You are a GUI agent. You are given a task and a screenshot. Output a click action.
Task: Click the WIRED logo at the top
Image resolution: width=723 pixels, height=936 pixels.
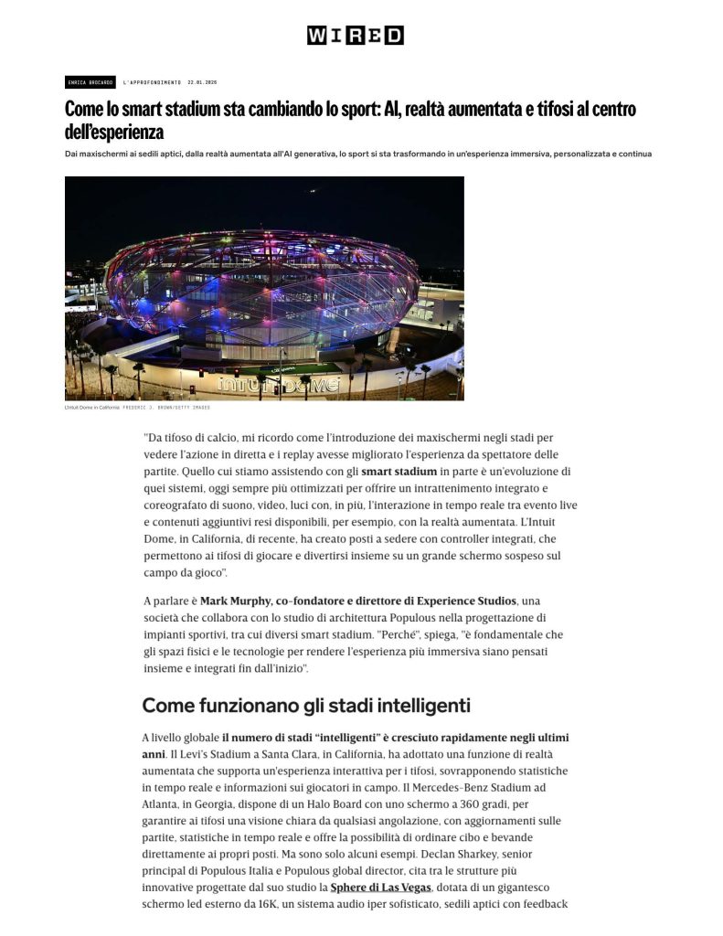point(355,36)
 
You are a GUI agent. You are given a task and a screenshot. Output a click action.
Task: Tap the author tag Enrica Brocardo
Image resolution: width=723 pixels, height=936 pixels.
point(89,82)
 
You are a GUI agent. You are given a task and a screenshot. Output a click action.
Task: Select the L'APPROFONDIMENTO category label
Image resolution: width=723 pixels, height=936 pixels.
point(152,82)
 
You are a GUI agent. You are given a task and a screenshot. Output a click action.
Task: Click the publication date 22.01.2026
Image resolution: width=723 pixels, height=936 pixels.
point(202,82)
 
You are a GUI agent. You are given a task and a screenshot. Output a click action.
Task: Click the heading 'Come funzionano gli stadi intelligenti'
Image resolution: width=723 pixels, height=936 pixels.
point(305,706)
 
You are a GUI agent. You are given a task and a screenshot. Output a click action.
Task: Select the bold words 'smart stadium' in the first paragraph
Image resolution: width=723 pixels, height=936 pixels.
point(399,472)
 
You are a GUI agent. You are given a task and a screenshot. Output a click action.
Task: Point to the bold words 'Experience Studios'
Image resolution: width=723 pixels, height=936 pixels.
point(456,601)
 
